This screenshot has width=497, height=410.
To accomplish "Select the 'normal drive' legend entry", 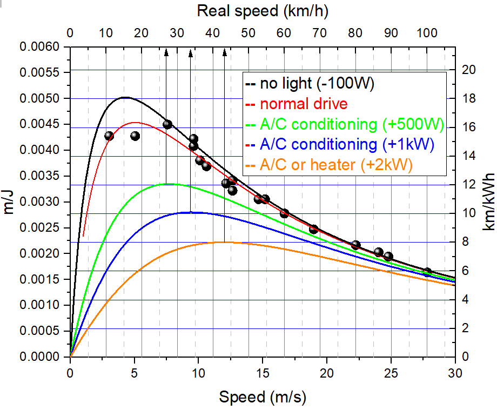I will (304, 104).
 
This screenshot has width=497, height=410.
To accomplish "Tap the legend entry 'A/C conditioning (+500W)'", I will (352, 124).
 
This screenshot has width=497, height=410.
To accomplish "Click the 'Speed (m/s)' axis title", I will (263, 397).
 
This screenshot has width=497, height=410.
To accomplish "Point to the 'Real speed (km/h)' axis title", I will (263, 10).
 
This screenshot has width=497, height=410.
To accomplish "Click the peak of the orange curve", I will (224, 242).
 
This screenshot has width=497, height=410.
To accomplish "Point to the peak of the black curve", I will (125, 97).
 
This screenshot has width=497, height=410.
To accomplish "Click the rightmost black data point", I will (427, 272).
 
